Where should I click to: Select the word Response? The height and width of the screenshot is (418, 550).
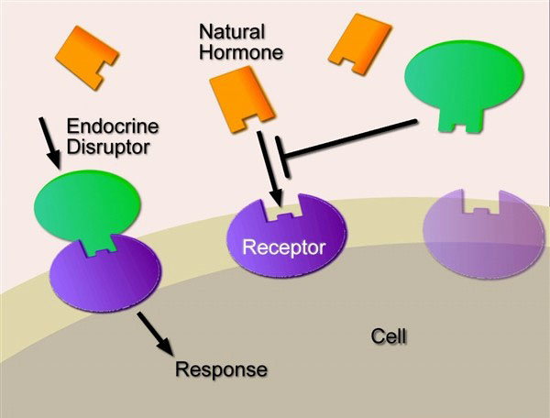221,370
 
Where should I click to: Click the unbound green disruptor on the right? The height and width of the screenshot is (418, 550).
465,80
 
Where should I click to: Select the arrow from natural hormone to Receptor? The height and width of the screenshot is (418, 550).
267,170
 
